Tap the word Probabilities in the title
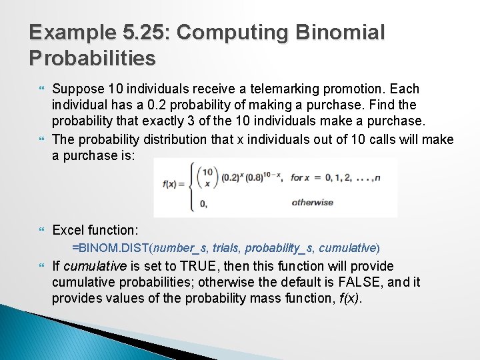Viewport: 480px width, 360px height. coord(92,58)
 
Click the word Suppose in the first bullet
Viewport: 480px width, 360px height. coord(75,89)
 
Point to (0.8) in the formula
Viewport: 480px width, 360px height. coord(252,177)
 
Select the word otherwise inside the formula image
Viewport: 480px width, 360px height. coord(312,202)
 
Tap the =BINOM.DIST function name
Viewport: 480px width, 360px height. coord(111,248)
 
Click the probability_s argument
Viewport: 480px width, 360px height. coord(279,248)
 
